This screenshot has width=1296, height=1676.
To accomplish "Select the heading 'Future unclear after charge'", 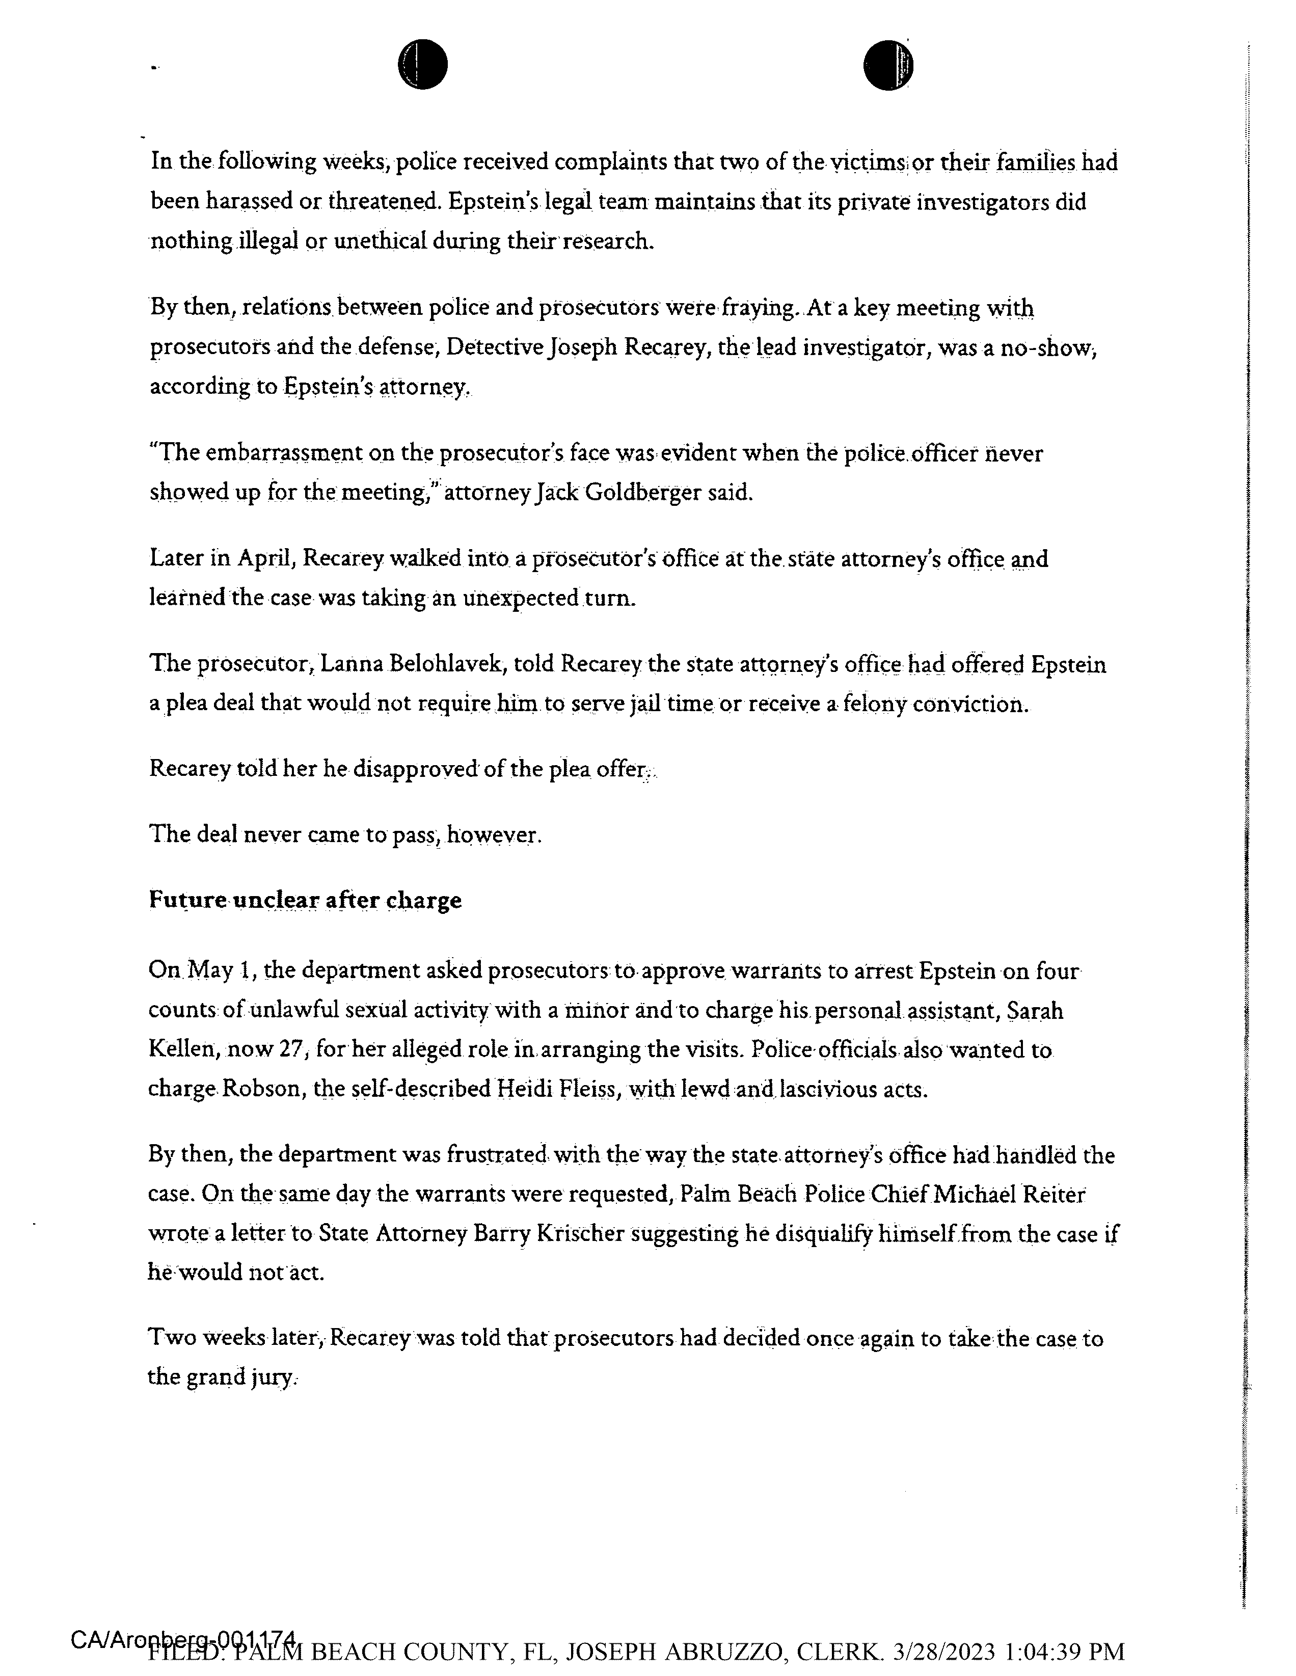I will pos(305,900).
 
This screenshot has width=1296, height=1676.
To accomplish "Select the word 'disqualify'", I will pos(822,1234).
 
